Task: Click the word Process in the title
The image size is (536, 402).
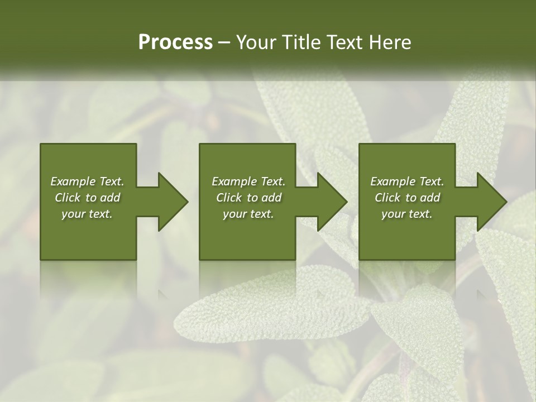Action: click(175, 42)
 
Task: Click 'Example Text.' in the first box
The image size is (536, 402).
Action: click(87, 181)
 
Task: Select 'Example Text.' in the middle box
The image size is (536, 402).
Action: click(248, 181)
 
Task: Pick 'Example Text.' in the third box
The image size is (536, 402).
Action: click(407, 181)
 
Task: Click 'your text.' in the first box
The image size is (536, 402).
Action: click(87, 214)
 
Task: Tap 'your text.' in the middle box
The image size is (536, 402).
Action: click(248, 214)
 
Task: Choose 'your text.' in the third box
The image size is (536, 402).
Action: click(407, 214)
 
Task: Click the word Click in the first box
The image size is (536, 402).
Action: click(68, 198)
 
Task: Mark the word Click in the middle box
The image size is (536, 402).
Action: click(229, 198)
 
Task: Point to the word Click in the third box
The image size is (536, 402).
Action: click(388, 198)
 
